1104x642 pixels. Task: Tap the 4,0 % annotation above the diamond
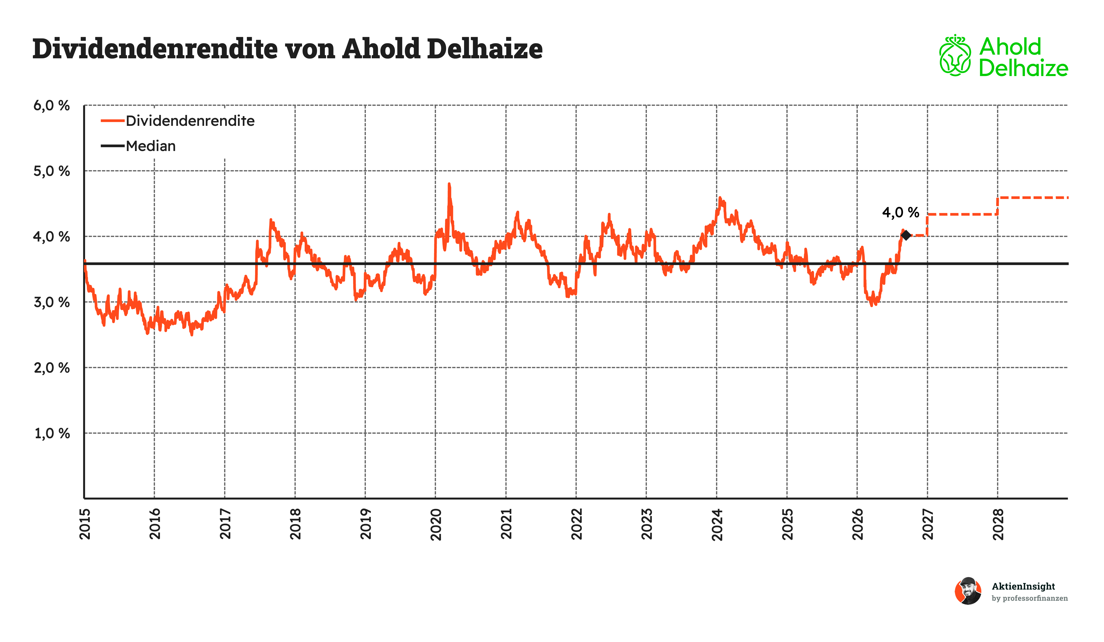coord(900,212)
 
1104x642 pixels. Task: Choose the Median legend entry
coord(138,146)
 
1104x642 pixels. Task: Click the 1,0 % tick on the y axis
coord(52,433)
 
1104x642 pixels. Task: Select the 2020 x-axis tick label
coord(436,524)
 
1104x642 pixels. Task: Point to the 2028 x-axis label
coord(998,524)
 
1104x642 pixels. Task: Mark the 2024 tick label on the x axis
coord(717,524)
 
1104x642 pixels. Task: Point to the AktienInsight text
coord(1023,586)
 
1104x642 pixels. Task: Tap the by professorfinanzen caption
coord(1030,598)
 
